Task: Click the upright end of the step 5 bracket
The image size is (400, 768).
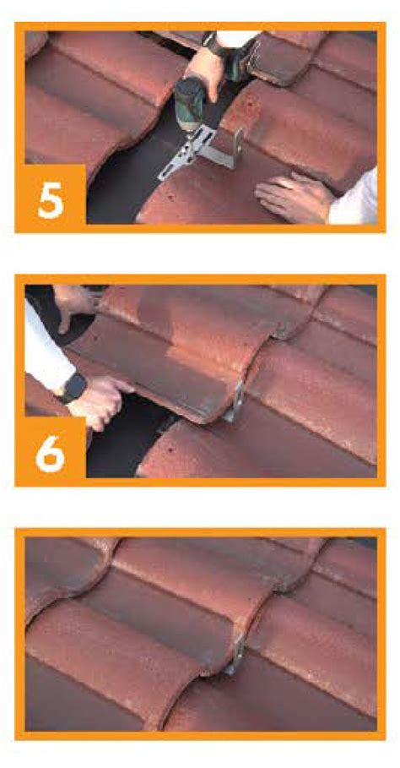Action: [238, 147]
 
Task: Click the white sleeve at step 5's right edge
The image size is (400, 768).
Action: [354, 201]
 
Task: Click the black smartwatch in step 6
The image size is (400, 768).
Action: [75, 388]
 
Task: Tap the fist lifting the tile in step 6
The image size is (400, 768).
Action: [100, 399]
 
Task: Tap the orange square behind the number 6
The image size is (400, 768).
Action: [55, 447]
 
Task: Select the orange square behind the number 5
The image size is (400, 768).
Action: [55, 194]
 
